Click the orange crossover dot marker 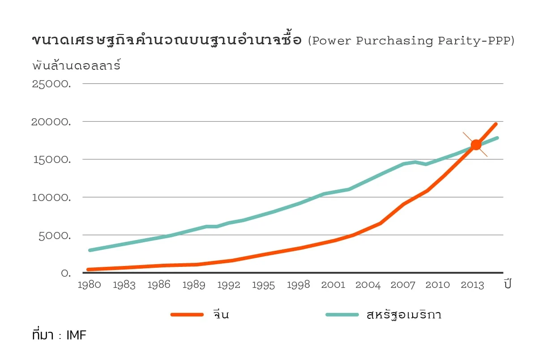click(x=476, y=145)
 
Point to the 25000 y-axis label click(x=51, y=84)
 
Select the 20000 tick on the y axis click(x=51, y=122)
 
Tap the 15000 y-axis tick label click(x=51, y=160)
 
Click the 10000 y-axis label click(x=51, y=197)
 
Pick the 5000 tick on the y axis click(x=54, y=236)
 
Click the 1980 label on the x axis click(x=89, y=285)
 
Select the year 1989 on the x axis click(x=194, y=285)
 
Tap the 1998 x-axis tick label click(x=298, y=285)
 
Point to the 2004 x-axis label click(x=368, y=285)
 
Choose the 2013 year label click(x=473, y=285)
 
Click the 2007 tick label click(x=403, y=285)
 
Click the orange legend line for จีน click(x=188, y=314)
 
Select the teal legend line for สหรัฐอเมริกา click(x=342, y=314)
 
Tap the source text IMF click(x=76, y=335)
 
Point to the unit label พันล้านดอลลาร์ click(x=77, y=66)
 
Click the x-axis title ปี click(x=507, y=284)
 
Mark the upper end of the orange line click(x=495, y=124)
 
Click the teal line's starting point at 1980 click(x=90, y=250)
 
